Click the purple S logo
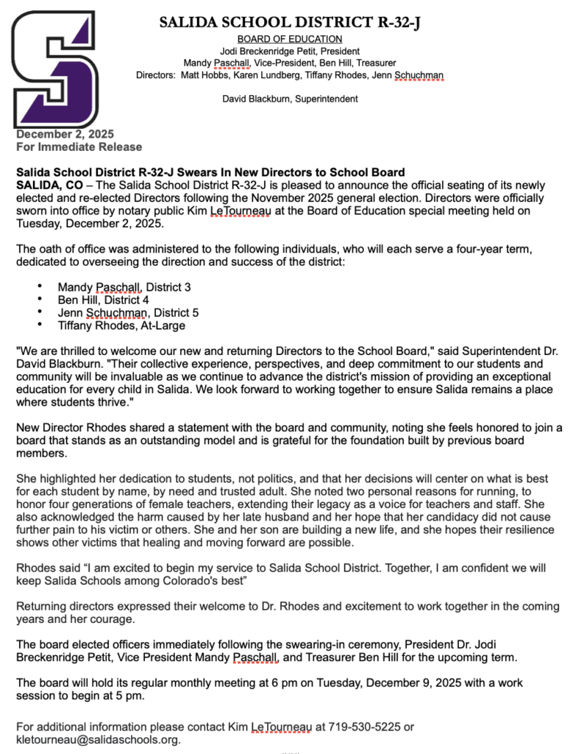tap(54, 69)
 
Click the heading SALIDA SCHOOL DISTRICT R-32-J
tap(290, 23)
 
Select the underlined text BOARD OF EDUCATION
tap(290, 39)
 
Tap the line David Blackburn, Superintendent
tap(290, 99)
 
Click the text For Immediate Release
tap(68, 147)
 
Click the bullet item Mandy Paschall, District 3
tap(124, 286)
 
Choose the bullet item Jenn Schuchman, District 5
tap(128, 313)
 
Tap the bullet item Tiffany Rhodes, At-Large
tap(121, 325)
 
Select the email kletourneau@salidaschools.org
tap(98, 739)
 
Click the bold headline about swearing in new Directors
tap(210, 172)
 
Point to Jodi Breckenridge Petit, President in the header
tap(290, 52)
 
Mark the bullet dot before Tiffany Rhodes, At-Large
tap(39, 324)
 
